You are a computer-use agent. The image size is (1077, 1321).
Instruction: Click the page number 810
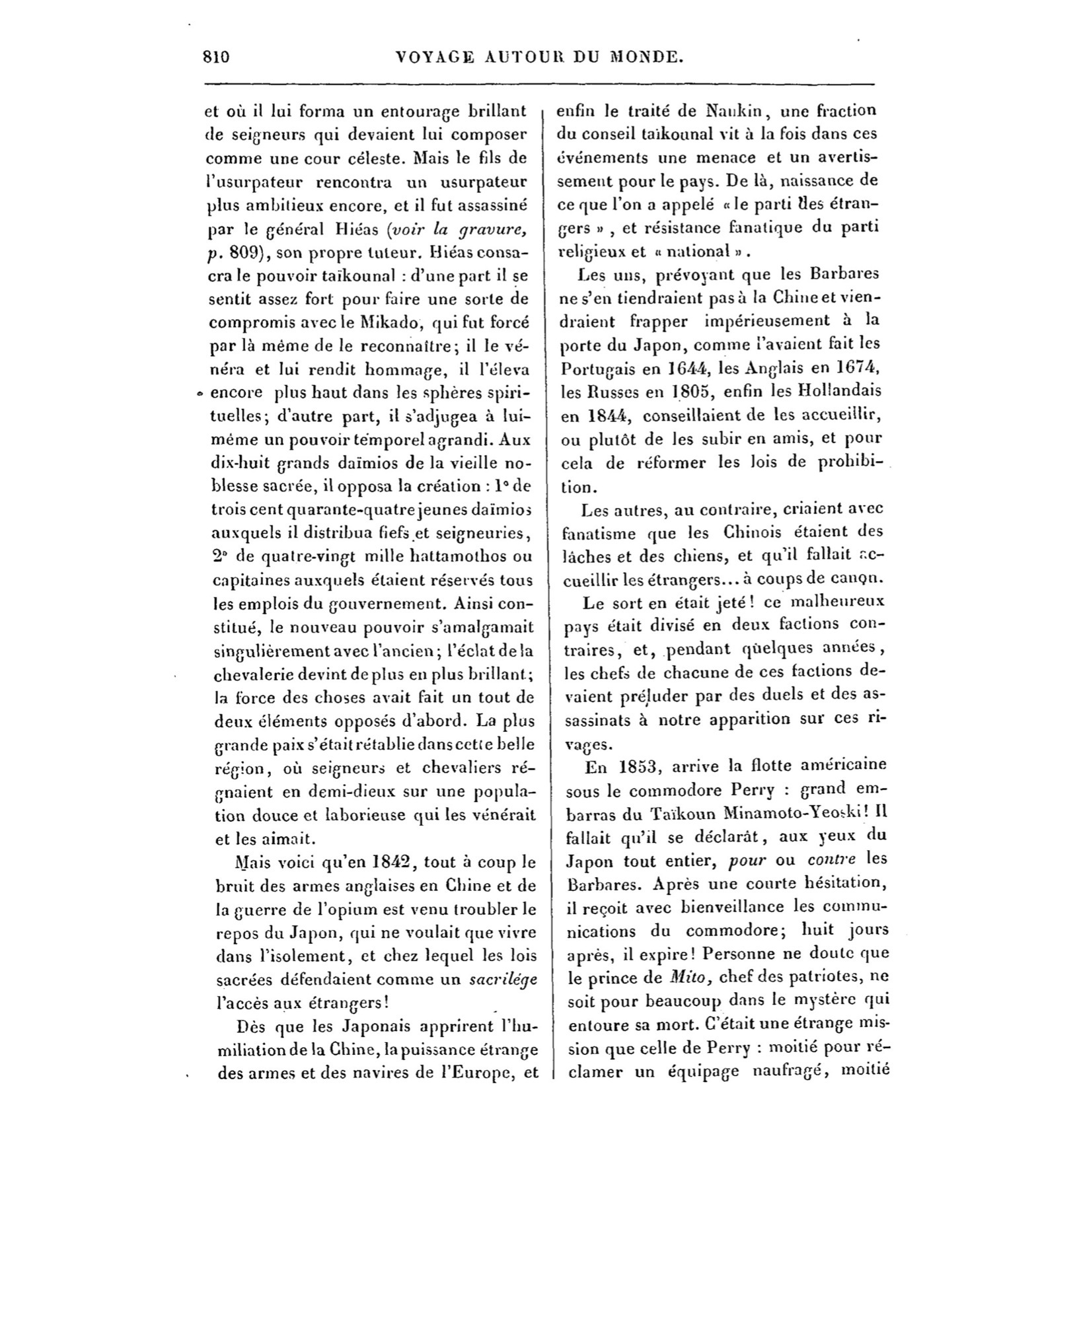pyautogui.click(x=216, y=57)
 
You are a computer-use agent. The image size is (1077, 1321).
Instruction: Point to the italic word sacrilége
pyautogui.click(x=502, y=980)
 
